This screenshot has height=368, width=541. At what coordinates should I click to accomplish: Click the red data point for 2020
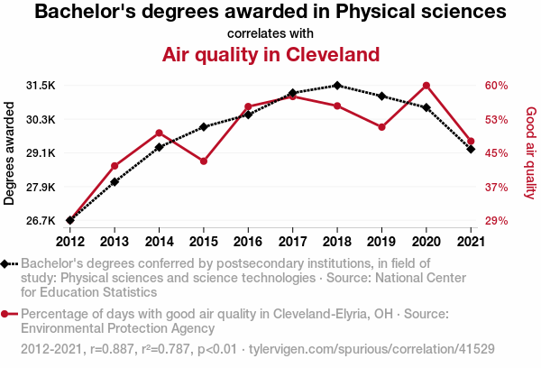(x=426, y=86)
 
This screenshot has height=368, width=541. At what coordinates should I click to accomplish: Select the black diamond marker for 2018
(x=336, y=86)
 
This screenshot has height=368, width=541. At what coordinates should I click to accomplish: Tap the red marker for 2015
(x=204, y=161)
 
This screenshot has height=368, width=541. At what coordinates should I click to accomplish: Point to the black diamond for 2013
(x=115, y=182)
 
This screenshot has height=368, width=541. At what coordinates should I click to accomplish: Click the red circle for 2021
(x=471, y=142)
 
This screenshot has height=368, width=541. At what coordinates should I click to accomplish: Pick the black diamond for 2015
(x=204, y=127)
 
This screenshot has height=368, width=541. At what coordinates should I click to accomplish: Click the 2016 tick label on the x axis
(x=248, y=241)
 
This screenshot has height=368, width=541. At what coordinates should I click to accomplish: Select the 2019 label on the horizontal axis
(x=381, y=241)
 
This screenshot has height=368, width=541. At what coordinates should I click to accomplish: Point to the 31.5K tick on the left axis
(x=41, y=86)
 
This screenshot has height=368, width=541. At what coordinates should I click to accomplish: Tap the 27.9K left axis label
(x=41, y=187)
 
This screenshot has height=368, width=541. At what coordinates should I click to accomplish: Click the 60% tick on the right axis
(x=497, y=86)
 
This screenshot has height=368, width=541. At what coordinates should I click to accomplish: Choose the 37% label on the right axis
(x=497, y=187)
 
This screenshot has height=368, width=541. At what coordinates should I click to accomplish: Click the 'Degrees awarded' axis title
(x=10, y=153)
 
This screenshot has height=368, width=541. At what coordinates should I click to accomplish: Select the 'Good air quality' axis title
(x=530, y=153)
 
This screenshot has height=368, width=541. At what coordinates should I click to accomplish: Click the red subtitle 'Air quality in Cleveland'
(x=270, y=55)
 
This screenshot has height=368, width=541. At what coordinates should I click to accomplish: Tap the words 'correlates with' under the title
(x=270, y=33)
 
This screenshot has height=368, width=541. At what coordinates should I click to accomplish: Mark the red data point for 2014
(x=159, y=133)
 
